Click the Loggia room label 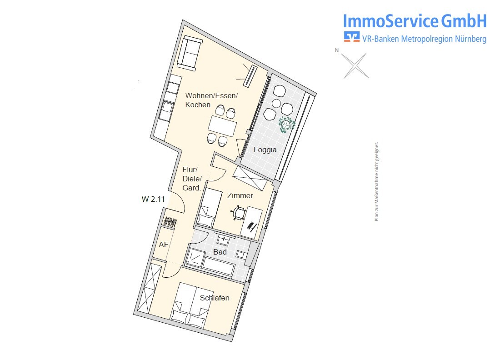265,150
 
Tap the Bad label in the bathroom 220,252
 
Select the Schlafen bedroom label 215,298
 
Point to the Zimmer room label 240,195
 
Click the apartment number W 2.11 153,199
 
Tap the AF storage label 164,245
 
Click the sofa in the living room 190,53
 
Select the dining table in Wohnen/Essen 222,125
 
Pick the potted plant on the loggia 287,125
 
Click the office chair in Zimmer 239,213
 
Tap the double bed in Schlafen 191,305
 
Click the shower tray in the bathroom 195,256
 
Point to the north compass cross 355,66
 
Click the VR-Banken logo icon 351,37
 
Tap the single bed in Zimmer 210,208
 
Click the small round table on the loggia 276,103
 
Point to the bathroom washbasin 223,240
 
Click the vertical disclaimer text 377,181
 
